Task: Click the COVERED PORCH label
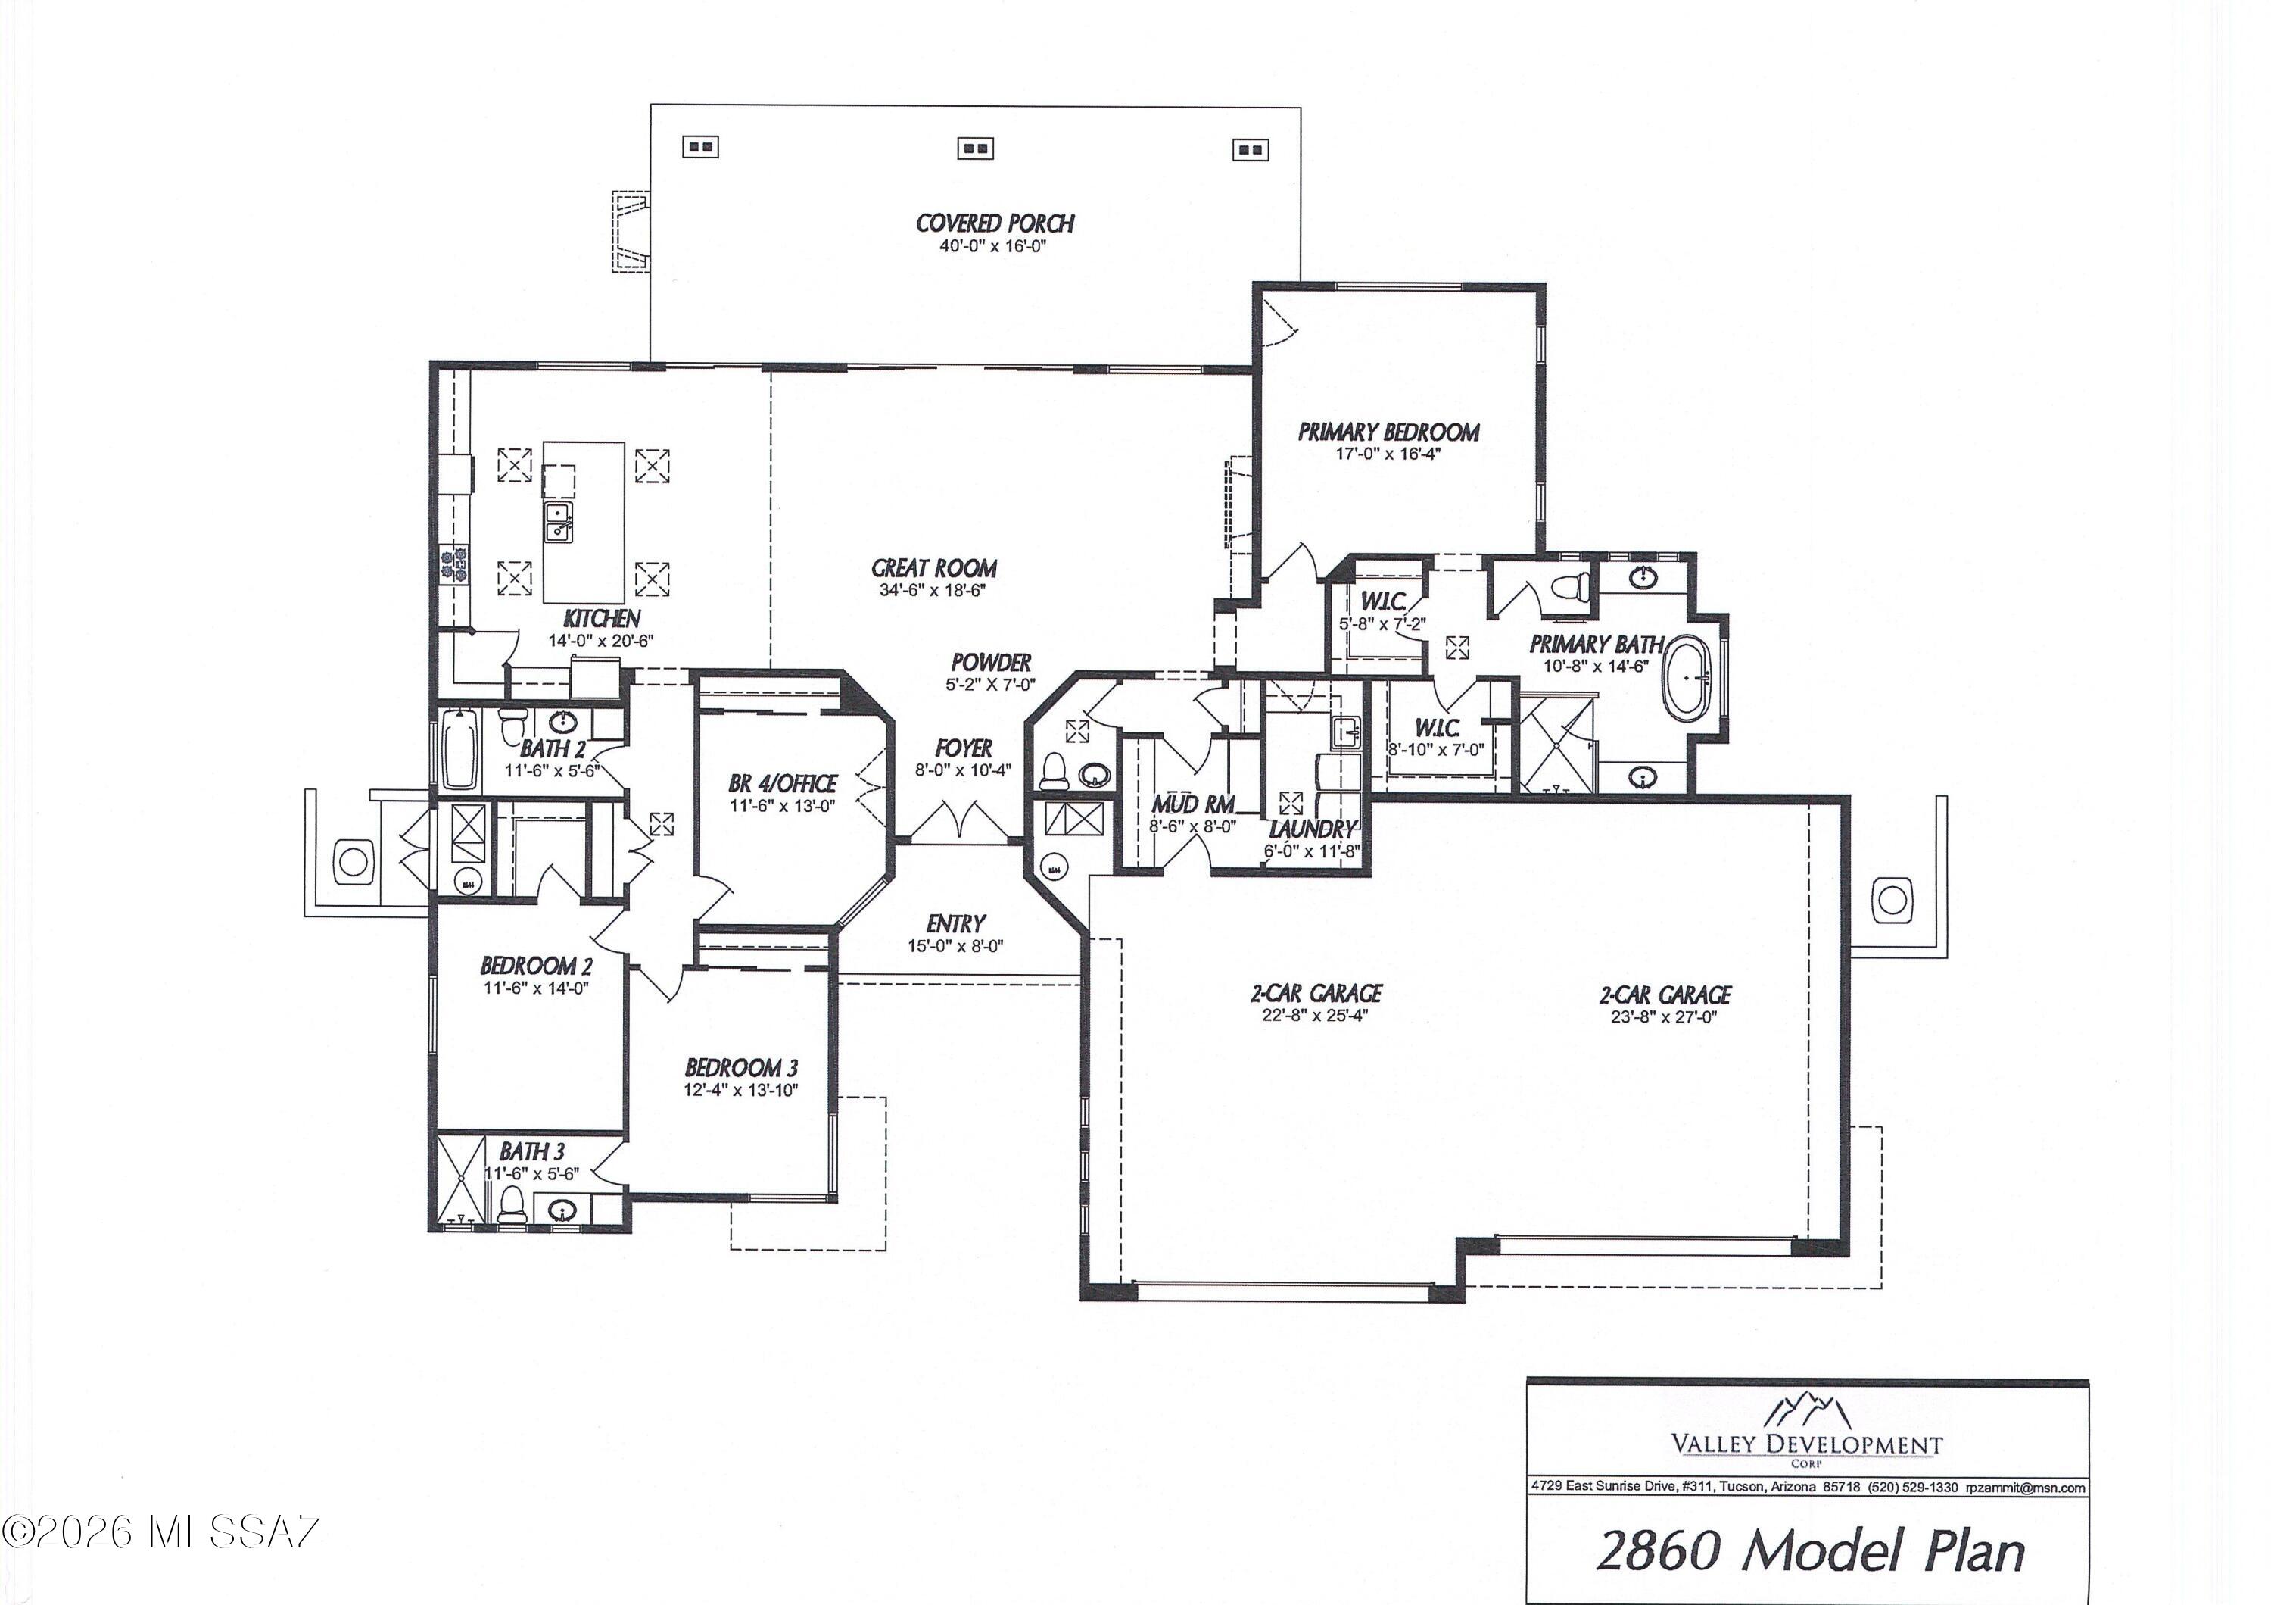point(994,223)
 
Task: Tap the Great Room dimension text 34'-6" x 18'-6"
point(933,591)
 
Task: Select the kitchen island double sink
point(559,521)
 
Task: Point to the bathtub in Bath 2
point(459,749)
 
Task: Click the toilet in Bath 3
point(510,1205)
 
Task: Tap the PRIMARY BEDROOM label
point(1388,432)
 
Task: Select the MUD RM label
point(1192,804)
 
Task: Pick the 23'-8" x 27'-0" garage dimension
point(1665,1016)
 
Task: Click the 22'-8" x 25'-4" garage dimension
point(1314,1014)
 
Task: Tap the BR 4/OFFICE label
point(783,784)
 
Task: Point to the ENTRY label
point(955,923)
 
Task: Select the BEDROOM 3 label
point(741,1068)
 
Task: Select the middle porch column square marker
point(975,149)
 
